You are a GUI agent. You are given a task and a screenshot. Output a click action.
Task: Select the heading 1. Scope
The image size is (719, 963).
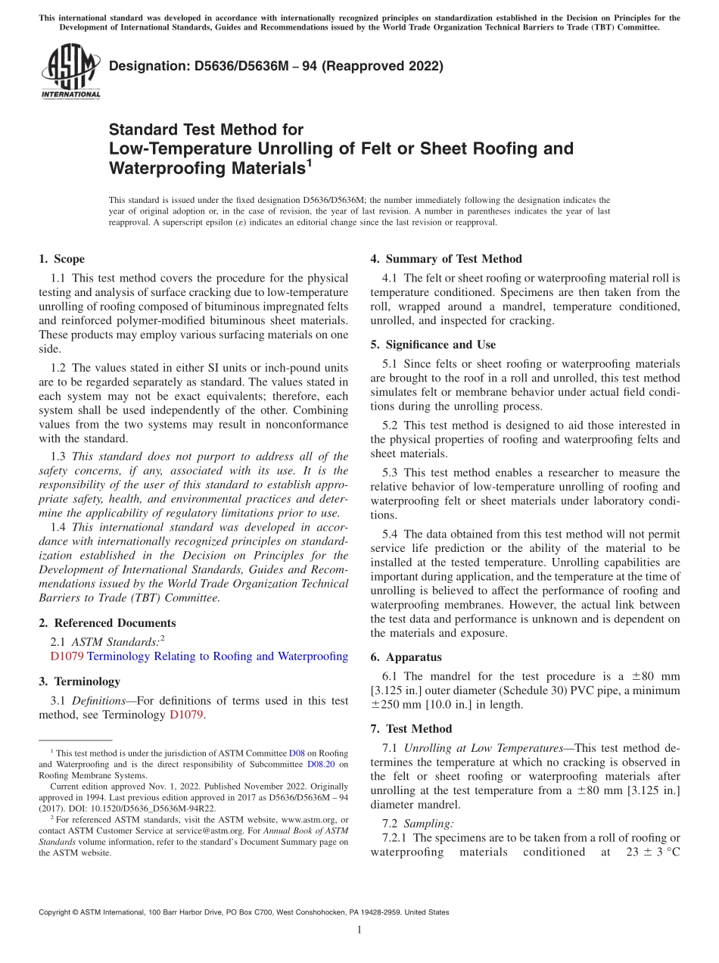click(62, 259)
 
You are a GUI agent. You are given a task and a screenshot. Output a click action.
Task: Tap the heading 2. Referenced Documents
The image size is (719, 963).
click(107, 623)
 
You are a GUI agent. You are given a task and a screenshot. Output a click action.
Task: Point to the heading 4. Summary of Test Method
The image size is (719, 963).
click(446, 259)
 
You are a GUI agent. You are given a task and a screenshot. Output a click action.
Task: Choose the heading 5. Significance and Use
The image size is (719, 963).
click(433, 344)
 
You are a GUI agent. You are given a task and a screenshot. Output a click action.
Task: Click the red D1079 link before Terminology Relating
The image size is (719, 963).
click(67, 656)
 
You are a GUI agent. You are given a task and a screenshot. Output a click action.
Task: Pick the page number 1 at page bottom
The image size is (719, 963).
click(359, 930)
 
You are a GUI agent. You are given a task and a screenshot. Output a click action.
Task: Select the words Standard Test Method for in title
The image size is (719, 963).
click(206, 129)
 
